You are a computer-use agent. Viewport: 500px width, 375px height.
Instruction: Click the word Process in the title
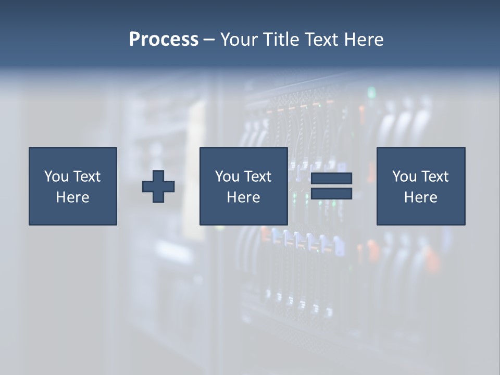(x=164, y=40)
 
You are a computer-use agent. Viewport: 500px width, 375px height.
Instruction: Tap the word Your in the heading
(x=239, y=40)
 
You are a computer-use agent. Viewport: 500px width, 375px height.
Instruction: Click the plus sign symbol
(x=158, y=186)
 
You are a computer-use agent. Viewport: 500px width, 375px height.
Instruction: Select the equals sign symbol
(x=331, y=186)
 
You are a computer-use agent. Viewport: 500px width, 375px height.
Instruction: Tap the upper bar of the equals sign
(x=331, y=179)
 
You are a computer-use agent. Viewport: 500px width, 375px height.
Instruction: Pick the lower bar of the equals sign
(x=331, y=193)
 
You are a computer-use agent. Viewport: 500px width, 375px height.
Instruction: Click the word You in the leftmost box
(x=56, y=177)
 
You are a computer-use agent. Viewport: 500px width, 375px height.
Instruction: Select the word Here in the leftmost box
(x=72, y=197)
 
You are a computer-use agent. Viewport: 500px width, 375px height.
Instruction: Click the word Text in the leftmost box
(x=86, y=177)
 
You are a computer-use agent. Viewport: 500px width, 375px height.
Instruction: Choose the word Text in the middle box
(x=257, y=177)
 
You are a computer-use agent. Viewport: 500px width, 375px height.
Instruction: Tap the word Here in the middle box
(x=243, y=197)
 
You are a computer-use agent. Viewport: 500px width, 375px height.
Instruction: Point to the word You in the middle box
(x=227, y=177)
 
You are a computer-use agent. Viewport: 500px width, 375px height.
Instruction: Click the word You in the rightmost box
(x=404, y=177)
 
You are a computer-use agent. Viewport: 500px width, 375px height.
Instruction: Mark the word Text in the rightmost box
(x=434, y=177)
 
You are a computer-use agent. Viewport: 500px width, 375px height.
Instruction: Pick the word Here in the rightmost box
(x=420, y=197)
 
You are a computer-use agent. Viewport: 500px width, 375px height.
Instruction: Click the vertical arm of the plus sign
(x=158, y=174)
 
